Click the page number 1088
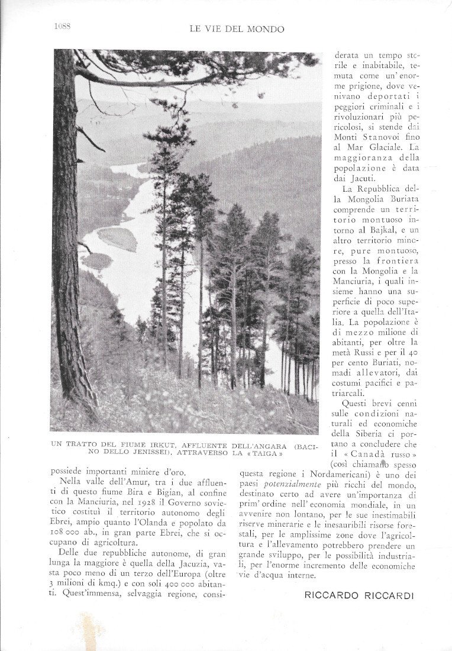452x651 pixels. tap(62, 26)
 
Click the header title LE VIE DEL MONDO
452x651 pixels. tap(237, 28)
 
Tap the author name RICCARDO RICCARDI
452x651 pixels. tap(359, 595)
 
